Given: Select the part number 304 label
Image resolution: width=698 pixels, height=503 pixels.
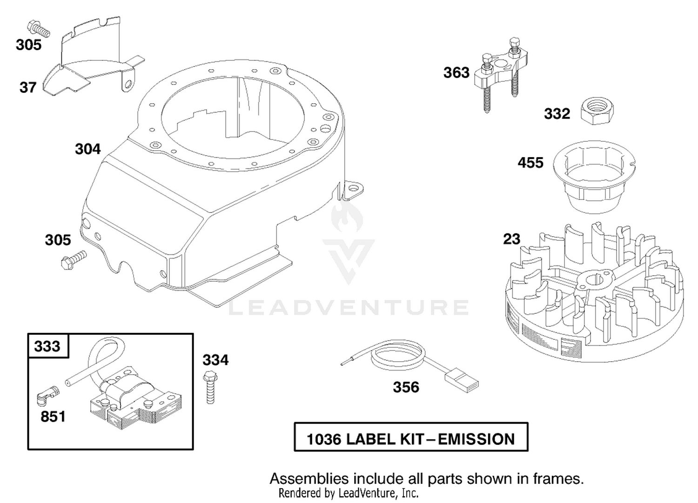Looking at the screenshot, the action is [87, 149].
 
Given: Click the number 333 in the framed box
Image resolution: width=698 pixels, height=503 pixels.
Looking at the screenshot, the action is [47, 346].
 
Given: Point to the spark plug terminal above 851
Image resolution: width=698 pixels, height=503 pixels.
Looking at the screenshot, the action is [47, 396].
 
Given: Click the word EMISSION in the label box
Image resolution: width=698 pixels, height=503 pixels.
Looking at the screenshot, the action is [477, 439].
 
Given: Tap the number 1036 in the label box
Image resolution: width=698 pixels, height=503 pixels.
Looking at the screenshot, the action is [324, 439].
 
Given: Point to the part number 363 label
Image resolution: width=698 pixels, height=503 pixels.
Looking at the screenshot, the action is [456, 73].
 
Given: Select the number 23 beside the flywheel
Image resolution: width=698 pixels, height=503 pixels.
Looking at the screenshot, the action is [512, 239].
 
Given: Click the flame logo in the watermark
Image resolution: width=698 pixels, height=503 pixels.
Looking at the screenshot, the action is [347, 216].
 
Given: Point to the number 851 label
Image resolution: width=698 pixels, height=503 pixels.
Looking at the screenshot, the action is [53, 417].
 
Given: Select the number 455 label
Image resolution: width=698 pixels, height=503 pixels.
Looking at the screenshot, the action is [530, 163].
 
